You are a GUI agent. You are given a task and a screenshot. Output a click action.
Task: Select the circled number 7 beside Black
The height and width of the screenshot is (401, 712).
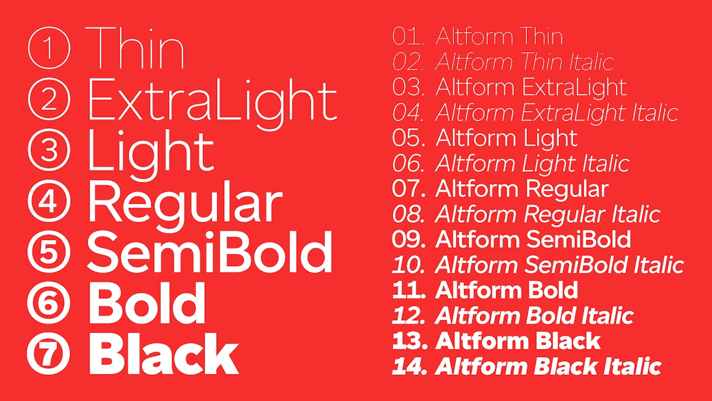point(49,353)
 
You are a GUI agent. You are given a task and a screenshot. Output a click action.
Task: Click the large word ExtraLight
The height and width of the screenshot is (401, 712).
point(212,100)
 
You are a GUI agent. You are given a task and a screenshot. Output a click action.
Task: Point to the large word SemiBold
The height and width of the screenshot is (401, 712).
point(209,252)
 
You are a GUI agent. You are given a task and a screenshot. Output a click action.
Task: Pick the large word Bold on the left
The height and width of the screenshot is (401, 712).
point(147,303)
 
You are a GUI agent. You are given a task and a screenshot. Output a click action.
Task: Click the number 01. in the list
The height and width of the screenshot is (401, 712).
point(408,37)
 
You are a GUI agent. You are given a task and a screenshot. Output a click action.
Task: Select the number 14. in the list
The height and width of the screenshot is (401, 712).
point(409,366)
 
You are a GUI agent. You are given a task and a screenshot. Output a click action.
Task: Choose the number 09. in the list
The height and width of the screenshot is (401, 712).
point(409,239)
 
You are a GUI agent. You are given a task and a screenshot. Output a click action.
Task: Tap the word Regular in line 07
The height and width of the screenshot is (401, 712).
point(566,190)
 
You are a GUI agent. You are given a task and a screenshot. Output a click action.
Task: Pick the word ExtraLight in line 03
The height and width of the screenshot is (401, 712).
point(574,87)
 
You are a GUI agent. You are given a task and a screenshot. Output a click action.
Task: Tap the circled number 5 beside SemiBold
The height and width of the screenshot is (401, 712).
point(49,252)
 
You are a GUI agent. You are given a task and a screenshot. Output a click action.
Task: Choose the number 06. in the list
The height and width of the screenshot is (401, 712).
point(408,163)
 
